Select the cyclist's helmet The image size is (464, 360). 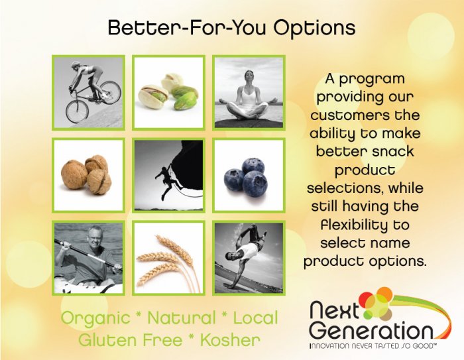pos(75,64)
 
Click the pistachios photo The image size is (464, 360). pos(168,93)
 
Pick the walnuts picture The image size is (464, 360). pos(88,174)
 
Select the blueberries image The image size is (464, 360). pos(249,174)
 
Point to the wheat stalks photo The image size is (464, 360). pos(168,257)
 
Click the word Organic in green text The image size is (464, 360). pos(95,318)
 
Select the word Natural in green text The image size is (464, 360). pos(182,318)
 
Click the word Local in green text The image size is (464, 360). pos(256,318)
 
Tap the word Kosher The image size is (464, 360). pos(230,340)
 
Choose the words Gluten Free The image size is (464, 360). pos(131,340)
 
